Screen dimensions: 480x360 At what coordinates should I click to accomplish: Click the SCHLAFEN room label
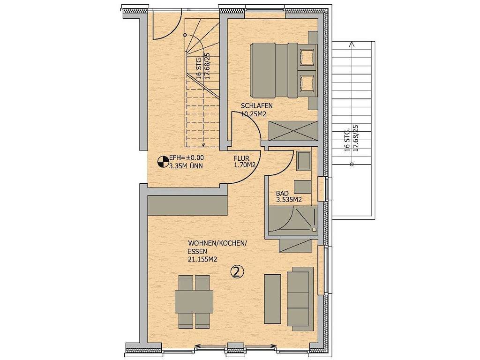pos(256,106)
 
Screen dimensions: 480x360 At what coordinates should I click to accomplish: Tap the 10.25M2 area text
pos(253,114)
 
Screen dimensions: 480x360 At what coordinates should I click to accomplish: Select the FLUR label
pos(241,158)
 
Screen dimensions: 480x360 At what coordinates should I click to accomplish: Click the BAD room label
pos(282,194)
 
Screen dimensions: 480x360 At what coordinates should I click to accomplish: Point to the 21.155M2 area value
pos(202,259)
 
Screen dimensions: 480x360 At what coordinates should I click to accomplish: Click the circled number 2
pos(237,271)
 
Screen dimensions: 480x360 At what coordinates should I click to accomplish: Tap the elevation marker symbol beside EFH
pos(163,162)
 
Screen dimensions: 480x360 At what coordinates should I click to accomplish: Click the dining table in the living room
pos(194,301)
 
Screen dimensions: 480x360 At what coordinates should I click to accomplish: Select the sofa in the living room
pos(300,299)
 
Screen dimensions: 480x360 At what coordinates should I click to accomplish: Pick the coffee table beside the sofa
pos(272,299)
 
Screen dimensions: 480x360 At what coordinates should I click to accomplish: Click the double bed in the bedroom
pos(284,70)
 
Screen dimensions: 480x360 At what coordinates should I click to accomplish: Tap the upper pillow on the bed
pos(307,57)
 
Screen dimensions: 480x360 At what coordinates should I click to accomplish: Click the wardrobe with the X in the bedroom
pos(293,131)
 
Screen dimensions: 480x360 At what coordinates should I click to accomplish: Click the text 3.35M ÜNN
pos(186,166)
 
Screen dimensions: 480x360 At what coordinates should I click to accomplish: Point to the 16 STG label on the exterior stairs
pos(347,140)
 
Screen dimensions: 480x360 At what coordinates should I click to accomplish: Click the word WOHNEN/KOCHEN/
pos(217,243)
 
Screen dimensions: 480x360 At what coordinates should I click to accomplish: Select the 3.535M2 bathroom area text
pos(289,200)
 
